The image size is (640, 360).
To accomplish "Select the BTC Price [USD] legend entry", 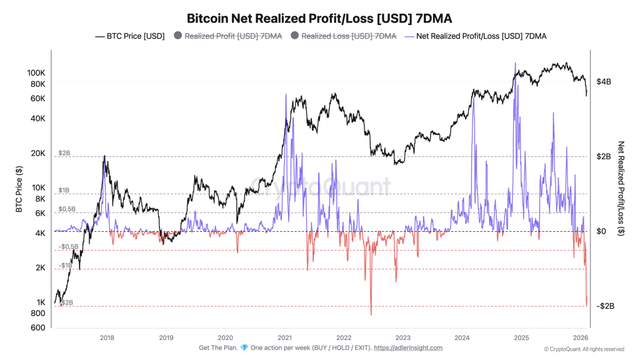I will tap(130, 36).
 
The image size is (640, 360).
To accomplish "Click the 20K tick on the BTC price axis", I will tap(37, 153).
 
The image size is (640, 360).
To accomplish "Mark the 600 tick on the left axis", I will tap(39, 327).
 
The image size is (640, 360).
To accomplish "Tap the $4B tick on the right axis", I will tap(605, 82).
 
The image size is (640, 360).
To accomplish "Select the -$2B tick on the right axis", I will tap(606, 306).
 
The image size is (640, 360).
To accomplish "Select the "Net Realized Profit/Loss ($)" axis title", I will tap(621, 187).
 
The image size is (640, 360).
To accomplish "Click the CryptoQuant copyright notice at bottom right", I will tap(584, 349).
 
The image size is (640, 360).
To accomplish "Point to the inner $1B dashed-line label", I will tap(64, 190).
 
